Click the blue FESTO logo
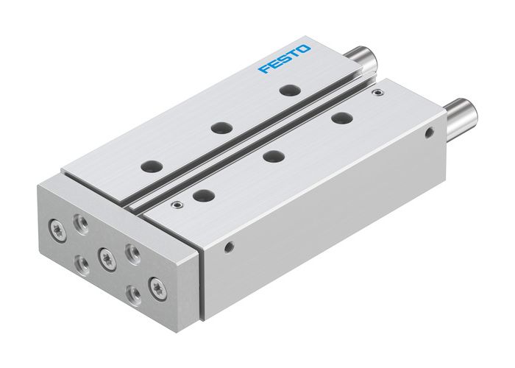[284, 59]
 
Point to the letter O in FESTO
[305, 49]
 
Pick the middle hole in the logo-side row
[218, 127]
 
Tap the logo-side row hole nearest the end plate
[152, 166]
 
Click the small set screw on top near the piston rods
[378, 93]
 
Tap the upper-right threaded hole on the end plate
[133, 255]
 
